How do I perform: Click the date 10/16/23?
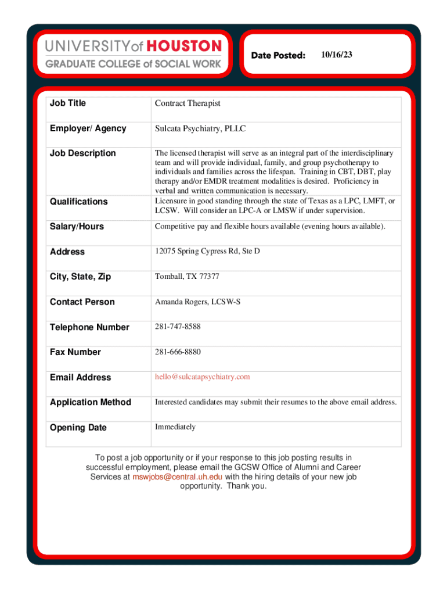pos(336,55)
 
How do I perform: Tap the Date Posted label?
pos(278,55)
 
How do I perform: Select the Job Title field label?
pos(68,103)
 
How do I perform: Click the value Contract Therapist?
pos(188,103)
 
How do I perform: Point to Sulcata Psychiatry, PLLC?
pos(200,128)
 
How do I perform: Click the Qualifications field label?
pos(79,202)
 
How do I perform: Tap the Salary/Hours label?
pos(77,227)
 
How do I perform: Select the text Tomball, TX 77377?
pos(187,277)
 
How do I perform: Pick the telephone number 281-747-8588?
pos(178,327)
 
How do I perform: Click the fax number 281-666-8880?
pos(178,352)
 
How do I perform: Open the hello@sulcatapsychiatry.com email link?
pos(202,377)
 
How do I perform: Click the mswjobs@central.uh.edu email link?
pos(178,477)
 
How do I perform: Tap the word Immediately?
pos(175,427)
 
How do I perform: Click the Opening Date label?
pos(78,428)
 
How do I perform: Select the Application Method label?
pos(91,402)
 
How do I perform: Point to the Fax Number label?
pos(75,352)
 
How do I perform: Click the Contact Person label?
pos(82,302)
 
